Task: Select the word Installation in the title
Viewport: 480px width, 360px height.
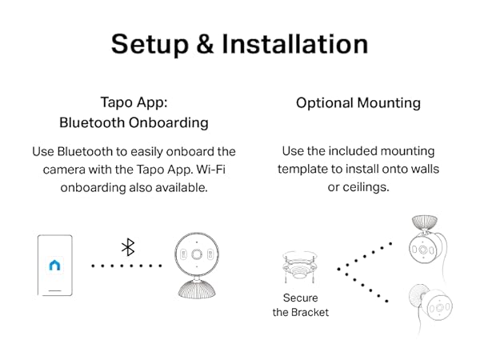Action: pyautogui.click(x=294, y=44)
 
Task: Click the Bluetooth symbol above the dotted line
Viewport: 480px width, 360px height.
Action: pyautogui.click(x=128, y=247)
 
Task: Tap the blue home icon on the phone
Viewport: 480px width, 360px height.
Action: pyautogui.click(x=54, y=265)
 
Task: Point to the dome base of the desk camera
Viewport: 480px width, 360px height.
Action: pyautogui.click(x=197, y=289)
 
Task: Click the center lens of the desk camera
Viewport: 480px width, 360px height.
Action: pyautogui.click(x=196, y=254)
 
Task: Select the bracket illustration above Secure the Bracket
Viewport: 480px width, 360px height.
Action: pyautogui.click(x=298, y=267)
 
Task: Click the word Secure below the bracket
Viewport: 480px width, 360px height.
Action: pyautogui.click(x=300, y=298)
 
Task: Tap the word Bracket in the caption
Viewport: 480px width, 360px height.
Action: pyautogui.click(x=310, y=313)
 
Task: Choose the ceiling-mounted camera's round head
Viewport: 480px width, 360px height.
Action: pyautogui.click(x=423, y=249)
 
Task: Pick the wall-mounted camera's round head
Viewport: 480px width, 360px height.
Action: pyautogui.click(x=438, y=306)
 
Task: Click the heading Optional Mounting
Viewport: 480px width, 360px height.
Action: pyautogui.click(x=358, y=103)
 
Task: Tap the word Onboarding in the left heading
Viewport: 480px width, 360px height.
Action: pyautogui.click(x=168, y=122)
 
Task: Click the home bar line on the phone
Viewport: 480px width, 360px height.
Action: pyautogui.click(x=55, y=290)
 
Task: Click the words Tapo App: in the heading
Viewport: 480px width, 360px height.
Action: pyautogui.click(x=134, y=102)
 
